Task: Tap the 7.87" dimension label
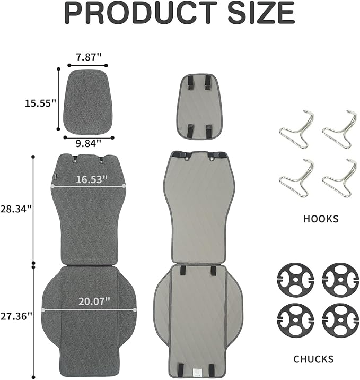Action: pyautogui.click(x=89, y=57)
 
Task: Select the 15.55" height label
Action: pyautogui.click(x=40, y=103)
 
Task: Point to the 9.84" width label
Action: pyautogui.click(x=89, y=143)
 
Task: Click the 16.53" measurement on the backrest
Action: pyautogui.click(x=92, y=179)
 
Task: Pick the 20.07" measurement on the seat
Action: pyautogui.click(x=94, y=301)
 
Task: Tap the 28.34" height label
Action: pyautogui.click(x=16, y=209)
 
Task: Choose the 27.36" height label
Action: pyautogui.click(x=16, y=316)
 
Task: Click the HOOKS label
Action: pyautogui.click(x=321, y=219)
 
